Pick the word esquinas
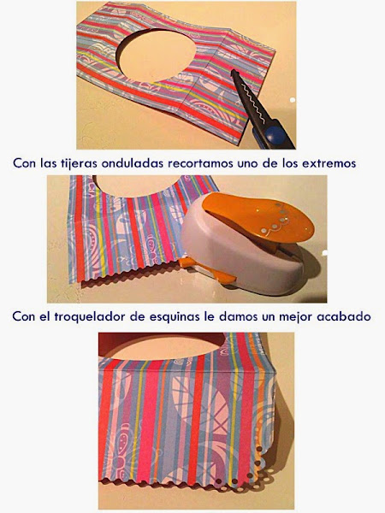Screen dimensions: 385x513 (174, 316)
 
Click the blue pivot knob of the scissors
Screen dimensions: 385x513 (275, 134)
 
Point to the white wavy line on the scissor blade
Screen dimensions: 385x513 (252, 100)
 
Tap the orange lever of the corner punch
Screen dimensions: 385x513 (258, 217)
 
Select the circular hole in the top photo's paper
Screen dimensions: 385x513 (157, 55)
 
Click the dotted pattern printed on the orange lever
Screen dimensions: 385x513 (275, 219)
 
